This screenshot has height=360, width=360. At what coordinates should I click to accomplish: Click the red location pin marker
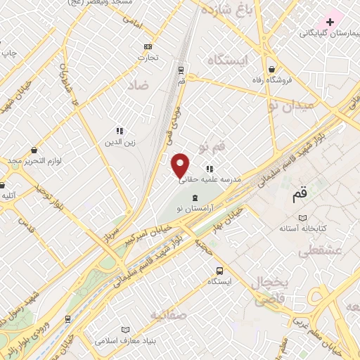pos(181,165)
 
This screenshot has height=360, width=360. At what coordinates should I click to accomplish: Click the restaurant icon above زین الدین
pos(119,131)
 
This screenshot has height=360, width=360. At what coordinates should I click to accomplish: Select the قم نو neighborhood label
pos(212,148)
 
